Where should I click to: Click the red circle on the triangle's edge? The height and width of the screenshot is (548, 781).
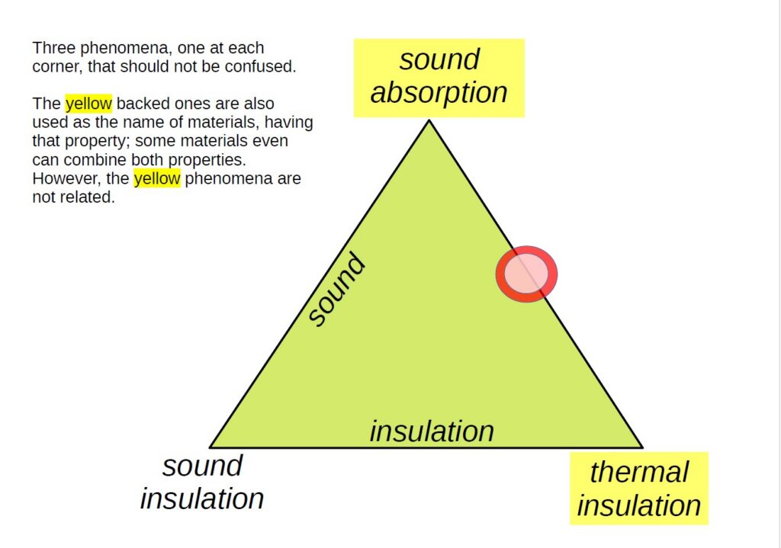coord(527,274)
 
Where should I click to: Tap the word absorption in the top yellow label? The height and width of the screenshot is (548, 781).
coord(439,92)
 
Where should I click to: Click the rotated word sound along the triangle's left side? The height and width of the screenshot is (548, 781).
coord(336,290)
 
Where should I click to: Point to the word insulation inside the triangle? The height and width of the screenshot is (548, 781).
coord(432,431)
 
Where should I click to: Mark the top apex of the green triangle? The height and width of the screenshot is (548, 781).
coord(429,120)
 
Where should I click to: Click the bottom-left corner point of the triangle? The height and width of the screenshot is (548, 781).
coord(211,447)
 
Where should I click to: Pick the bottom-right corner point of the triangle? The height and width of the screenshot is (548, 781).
coord(642,447)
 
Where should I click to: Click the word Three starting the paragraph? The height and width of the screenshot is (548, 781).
coord(53,48)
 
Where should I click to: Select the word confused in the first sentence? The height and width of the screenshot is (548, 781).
coord(265,66)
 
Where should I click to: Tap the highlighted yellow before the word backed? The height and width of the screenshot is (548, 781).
coord(88,104)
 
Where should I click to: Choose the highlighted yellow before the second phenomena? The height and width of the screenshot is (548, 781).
coord(157,179)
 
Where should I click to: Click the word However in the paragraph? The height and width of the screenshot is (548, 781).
coord(63,179)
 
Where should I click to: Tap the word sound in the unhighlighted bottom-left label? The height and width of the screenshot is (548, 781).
coord(202,465)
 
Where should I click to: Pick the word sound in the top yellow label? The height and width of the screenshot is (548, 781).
coord(439,59)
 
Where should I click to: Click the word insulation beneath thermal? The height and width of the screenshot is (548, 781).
coord(638,505)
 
